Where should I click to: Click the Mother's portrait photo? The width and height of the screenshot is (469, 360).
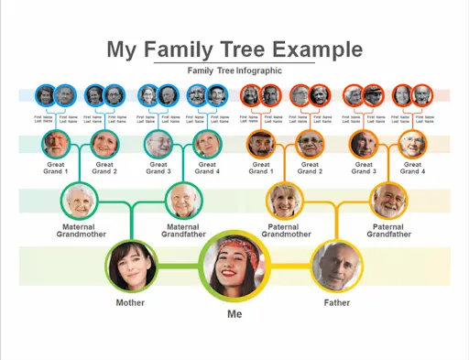point(130,266)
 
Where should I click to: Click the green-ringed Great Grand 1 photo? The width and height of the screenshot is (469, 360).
point(55,145)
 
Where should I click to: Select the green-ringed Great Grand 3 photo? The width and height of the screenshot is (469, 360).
point(158,145)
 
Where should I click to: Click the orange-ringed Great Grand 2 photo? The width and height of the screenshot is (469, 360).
point(310,145)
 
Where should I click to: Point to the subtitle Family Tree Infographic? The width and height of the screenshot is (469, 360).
point(234,71)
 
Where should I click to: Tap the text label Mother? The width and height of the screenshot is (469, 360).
point(130,302)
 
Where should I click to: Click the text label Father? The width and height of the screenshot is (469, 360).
point(336,302)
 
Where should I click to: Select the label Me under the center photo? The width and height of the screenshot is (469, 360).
point(234,314)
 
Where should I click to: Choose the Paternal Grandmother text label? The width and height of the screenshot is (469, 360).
point(286,231)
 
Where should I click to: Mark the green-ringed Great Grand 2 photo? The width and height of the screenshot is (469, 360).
point(104,145)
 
